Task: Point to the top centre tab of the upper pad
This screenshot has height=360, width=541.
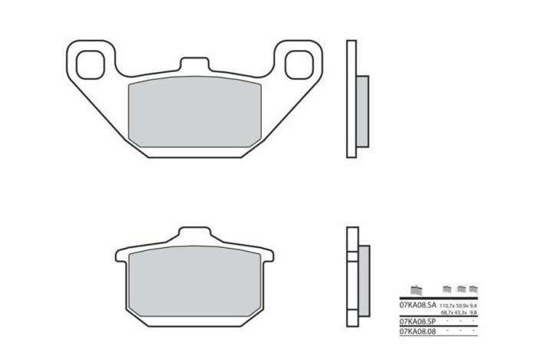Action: pyautogui.click(x=195, y=67)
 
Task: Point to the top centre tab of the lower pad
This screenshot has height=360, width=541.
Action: pyautogui.click(x=195, y=235)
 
